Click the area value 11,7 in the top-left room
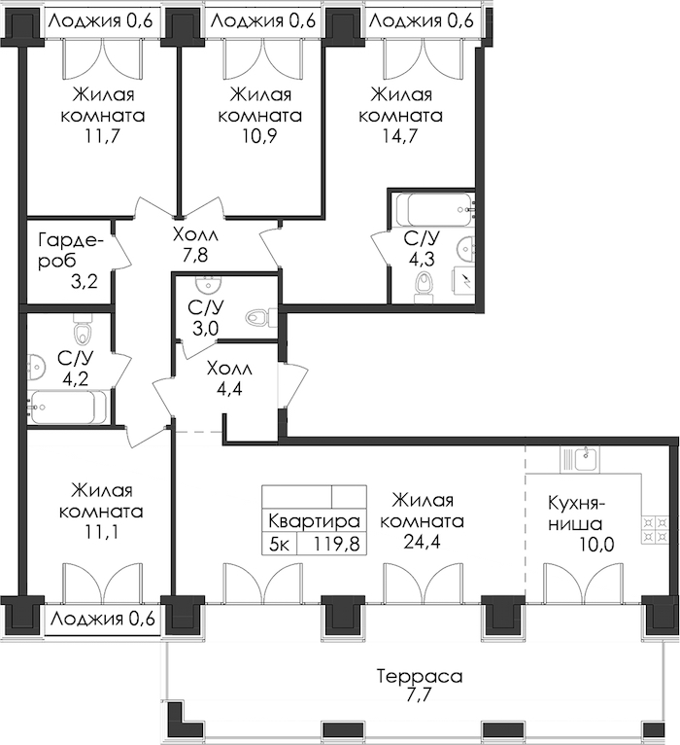103,136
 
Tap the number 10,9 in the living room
260,136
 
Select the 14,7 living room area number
400,136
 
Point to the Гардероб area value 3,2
84,282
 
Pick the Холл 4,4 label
229,378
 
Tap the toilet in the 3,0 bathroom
261,317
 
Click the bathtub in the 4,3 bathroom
433,209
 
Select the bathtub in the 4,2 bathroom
67,407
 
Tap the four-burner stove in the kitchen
656,530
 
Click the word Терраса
420,676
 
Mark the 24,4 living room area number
422,542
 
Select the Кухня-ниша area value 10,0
596,545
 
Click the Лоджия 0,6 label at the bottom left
103,619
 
